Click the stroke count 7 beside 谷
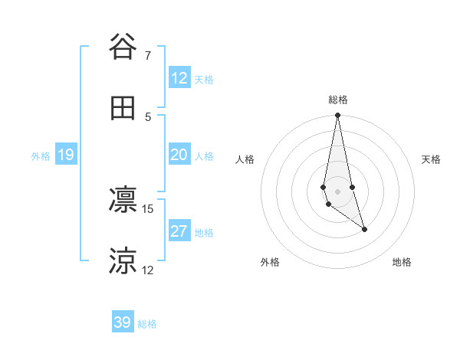click(148, 55)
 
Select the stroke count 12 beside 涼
click(148, 270)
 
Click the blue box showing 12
click(179, 78)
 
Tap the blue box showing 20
click(179, 155)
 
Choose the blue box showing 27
click(179, 231)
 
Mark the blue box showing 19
click(66, 155)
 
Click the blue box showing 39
click(123, 322)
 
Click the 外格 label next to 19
click(41, 156)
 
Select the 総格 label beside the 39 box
click(147, 324)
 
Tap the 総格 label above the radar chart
click(338, 100)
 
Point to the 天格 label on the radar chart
click(432, 159)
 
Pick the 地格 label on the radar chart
click(402, 262)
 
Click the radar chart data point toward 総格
click(337, 116)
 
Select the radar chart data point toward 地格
click(364, 229)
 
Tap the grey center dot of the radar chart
click(337, 191)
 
